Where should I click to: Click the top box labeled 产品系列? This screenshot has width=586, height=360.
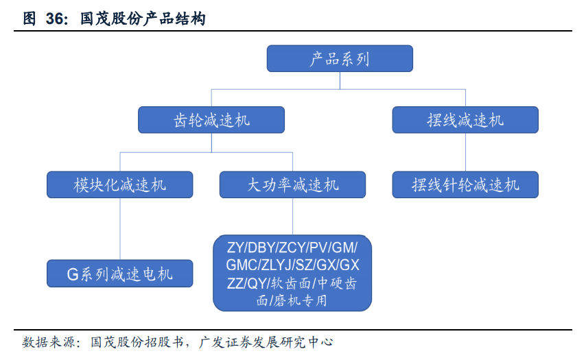[x=340, y=58]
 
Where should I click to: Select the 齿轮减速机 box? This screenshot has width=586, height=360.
[x=211, y=120]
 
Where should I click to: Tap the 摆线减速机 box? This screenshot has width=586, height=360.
[x=465, y=120]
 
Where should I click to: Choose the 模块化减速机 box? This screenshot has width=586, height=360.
[x=120, y=184]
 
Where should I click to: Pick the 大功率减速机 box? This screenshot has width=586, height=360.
[x=292, y=184]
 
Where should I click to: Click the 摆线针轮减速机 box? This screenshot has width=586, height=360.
[x=465, y=184]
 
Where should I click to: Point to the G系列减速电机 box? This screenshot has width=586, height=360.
[x=120, y=274]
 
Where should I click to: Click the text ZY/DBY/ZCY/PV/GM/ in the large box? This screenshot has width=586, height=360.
[x=292, y=247]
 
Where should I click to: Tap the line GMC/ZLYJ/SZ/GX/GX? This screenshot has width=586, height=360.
[x=292, y=265]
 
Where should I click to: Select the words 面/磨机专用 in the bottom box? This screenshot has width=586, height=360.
[x=292, y=300]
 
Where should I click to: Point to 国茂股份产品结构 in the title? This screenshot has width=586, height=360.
[x=143, y=19]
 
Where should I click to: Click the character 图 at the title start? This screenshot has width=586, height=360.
[x=29, y=19]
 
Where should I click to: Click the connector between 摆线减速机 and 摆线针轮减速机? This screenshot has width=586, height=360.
[x=465, y=152]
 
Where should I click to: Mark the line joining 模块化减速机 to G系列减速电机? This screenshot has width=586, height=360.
[x=120, y=230]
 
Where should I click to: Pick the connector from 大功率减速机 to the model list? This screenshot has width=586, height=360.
[x=292, y=216]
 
